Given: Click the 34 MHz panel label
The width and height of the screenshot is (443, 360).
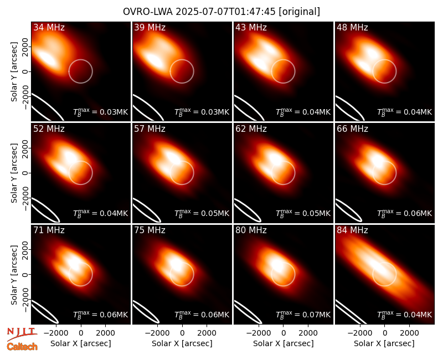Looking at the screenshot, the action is pyautogui.click(x=49, y=27).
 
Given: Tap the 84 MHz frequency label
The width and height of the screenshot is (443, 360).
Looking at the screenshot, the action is pyautogui.click(x=352, y=230).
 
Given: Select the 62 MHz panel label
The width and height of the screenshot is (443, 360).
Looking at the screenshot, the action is pyautogui.click(x=251, y=129).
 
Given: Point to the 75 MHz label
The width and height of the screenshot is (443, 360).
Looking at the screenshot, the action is pyautogui.click(x=150, y=230).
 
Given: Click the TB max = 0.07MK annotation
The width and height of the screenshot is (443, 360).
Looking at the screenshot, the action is pyautogui.click(x=303, y=314).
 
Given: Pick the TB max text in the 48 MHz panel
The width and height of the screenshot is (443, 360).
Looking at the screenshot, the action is pyautogui.click(x=405, y=112).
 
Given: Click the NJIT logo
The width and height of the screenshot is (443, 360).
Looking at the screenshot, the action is pyautogui.click(x=22, y=333).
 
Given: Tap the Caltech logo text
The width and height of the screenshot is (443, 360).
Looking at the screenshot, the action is pyautogui.click(x=22, y=347).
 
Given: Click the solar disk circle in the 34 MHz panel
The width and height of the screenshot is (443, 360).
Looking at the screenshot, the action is pyautogui.click(x=80, y=60).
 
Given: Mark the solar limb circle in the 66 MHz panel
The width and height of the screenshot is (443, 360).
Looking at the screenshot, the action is pyautogui.click(x=384, y=161).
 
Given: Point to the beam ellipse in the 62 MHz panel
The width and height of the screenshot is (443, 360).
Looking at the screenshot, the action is pyautogui.click(x=248, y=210).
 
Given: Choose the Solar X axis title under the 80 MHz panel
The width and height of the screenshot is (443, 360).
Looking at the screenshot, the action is pyautogui.click(x=284, y=343).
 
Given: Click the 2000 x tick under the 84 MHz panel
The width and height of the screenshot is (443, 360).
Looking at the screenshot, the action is pyautogui.click(x=409, y=333).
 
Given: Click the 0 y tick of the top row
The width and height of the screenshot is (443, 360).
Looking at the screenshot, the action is pyautogui.click(x=25, y=71).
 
